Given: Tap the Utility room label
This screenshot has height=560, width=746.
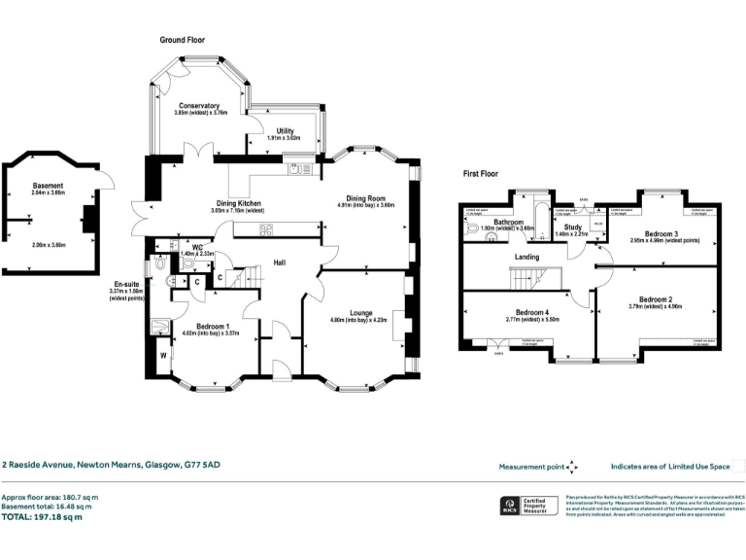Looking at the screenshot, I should (x=285, y=130).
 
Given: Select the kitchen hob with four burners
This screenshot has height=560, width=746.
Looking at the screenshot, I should (x=265, y=229).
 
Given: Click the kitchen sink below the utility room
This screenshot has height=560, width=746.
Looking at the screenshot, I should (x=296, y=171).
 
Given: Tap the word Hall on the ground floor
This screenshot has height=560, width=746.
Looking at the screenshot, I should (x=279, y=262).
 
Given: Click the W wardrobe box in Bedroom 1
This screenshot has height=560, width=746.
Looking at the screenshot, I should (x=162, y=355).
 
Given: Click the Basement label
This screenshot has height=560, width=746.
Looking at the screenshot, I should (x=48, y=186).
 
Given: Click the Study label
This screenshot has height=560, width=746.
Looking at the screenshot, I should (x=571, y=227).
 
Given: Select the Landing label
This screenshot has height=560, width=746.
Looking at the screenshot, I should (x=526, y=256).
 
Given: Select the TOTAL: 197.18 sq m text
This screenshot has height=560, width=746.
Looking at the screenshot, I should (x=43, y=516).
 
